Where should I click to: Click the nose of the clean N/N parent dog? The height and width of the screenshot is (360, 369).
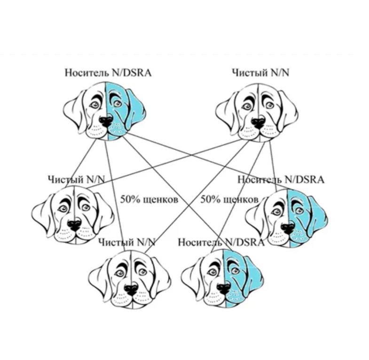259,122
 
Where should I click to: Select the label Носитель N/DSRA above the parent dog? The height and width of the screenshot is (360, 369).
108,73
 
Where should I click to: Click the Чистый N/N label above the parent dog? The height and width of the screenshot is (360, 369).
260,73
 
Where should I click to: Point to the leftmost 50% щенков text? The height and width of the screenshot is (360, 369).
149,200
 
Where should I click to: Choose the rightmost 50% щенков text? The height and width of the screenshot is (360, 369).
229,200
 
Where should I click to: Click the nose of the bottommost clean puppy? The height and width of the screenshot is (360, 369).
131,290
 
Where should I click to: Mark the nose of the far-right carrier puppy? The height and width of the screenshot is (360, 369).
288,228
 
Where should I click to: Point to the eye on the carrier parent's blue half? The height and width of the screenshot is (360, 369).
117,103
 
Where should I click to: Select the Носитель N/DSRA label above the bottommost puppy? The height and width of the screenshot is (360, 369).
221,242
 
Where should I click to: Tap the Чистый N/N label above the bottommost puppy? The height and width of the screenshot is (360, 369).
127,242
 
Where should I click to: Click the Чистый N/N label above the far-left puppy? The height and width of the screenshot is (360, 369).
77,180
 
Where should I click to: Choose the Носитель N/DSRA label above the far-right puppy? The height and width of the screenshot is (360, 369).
281,180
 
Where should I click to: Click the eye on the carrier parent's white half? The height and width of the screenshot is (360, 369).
94,104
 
